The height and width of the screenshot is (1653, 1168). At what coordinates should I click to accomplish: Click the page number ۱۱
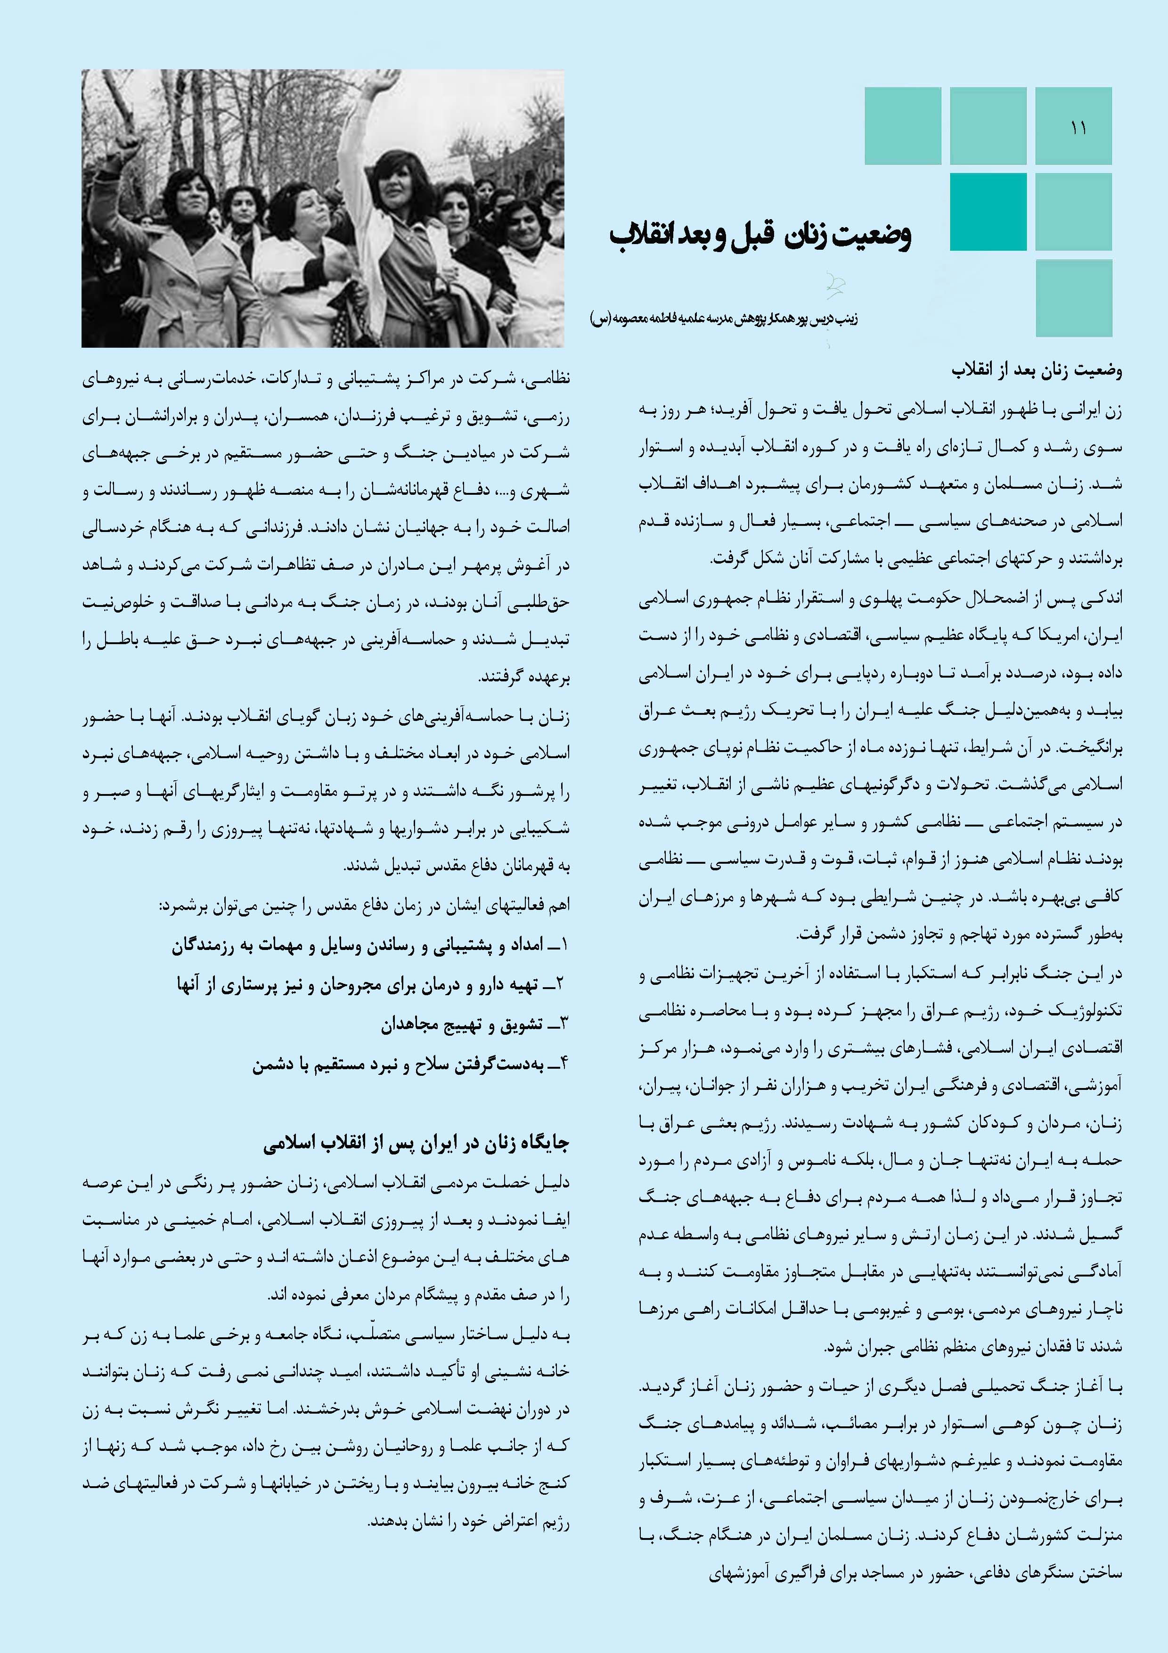click(1078, 128)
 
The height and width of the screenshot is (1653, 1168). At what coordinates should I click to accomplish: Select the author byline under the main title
click(723, 318)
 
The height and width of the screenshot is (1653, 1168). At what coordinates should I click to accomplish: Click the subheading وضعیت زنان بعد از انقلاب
click(1036, 371)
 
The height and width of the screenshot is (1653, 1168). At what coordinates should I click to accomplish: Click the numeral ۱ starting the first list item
click(564, 945)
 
